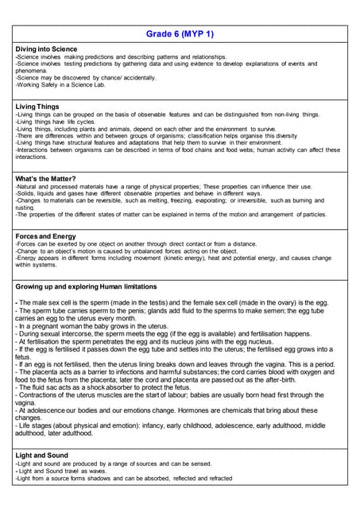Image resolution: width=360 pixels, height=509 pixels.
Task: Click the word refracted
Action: point(215,478)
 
